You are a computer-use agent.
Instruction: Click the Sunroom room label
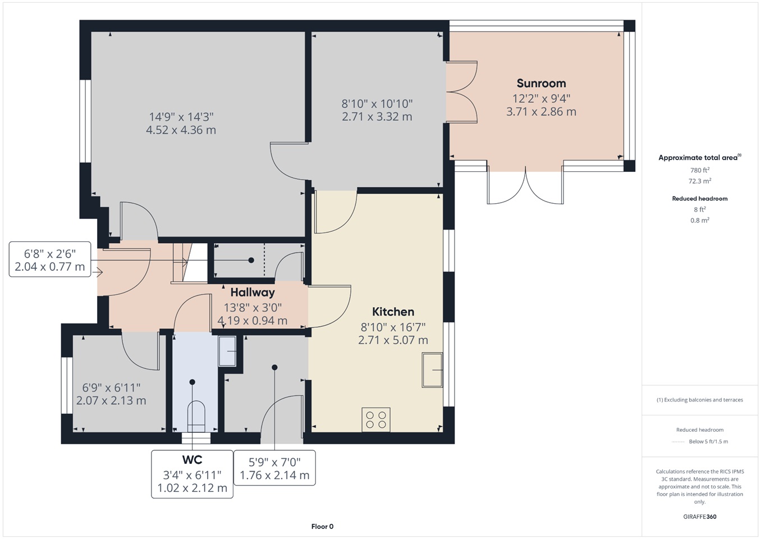[x=541, y=83]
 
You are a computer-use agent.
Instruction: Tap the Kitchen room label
[x=393, y=312]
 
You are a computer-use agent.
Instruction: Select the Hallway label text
[x=253, y=293]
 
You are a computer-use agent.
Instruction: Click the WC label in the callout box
[x=192, y=460]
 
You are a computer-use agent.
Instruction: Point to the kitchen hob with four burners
[x=376, y=420]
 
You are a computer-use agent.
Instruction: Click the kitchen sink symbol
[x=432, y=370]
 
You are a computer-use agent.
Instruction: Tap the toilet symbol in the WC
[x=196, y=417]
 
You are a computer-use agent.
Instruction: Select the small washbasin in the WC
[x=227, y=351]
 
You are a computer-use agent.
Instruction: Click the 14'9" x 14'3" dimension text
[x=181, y=117]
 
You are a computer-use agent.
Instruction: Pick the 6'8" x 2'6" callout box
[x=50, y=259]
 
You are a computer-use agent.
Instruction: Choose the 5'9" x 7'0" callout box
[x=274, y=468]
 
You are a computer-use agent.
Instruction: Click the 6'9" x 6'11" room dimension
[x=111, y=387]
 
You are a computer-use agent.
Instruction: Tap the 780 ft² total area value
[x=699, y=170]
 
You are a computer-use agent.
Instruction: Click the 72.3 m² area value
[x=699, y=181]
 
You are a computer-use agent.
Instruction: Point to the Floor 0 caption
[x=322, y=527]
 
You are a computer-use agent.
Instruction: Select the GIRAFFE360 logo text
[x=699, y=517]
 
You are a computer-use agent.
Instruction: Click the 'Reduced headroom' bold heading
[x=699, y=198]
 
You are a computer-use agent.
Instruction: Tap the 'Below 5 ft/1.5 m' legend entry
[x=708, y=441]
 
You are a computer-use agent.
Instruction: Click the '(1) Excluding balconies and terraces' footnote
[x=699, y=400]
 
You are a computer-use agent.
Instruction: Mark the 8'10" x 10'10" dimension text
[x=377, y=104]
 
